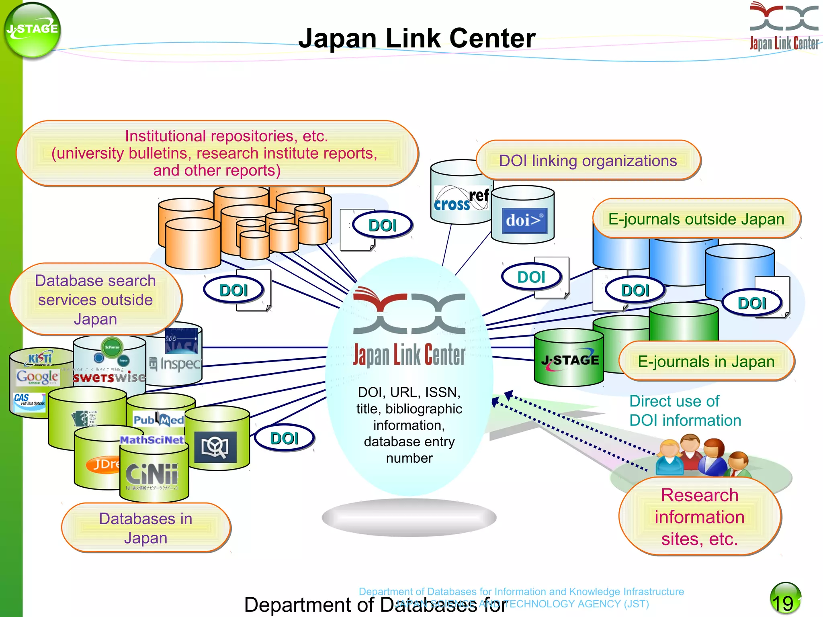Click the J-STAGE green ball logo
click(32, 31)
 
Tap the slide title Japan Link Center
click(417, 38)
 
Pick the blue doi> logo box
click(524, 221)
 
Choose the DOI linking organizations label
click(588, 161)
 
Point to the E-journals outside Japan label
click(696, 219)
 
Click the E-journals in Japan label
click(706, 362)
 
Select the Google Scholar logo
click(37, 377)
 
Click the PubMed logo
click(159, 420)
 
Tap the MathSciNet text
click(152, 440)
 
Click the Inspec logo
click(175, 364)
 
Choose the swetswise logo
click(109, 377)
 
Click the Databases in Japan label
click(145, 528)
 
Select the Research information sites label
click(699, 517)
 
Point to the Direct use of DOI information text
click(685, 411)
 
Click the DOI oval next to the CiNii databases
click(284, 438)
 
